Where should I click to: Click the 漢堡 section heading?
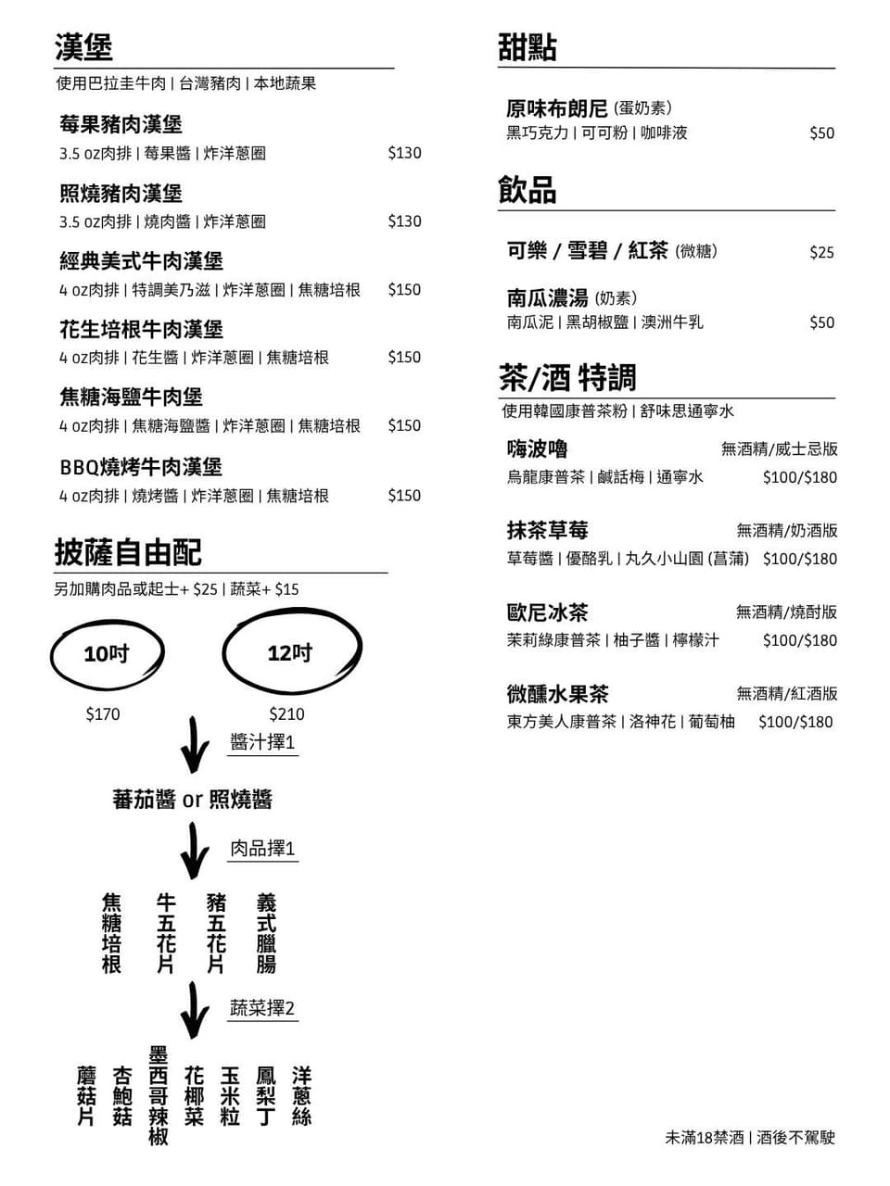(x=83, y=47)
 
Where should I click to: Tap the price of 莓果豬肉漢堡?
(x=404, y=153)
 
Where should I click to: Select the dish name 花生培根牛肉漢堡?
(x=141, y=329)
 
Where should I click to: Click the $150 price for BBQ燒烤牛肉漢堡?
(x=404, y=496)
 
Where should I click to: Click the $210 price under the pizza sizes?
(x=287, y=714)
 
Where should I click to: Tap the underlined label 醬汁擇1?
(x=262, y=742)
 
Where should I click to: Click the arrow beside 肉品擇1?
(x=194, y=851)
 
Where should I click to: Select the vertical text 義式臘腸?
(x=266, y=933)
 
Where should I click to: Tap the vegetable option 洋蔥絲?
(x=301, y=1096)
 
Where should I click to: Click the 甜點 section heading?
(x=527, y=47)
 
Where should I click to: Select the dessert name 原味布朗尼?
(x=556, y=108)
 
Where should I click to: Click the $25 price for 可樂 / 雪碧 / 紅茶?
(x=821, y=252)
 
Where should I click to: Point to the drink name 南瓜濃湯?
(x=547, y=297)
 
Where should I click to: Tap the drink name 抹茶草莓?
(x=547, y=530)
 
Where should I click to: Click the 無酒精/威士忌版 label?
(x=780, y=449)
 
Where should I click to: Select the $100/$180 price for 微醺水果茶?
(x=795, y=722)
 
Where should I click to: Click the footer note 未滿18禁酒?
(x=705, y=1138)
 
